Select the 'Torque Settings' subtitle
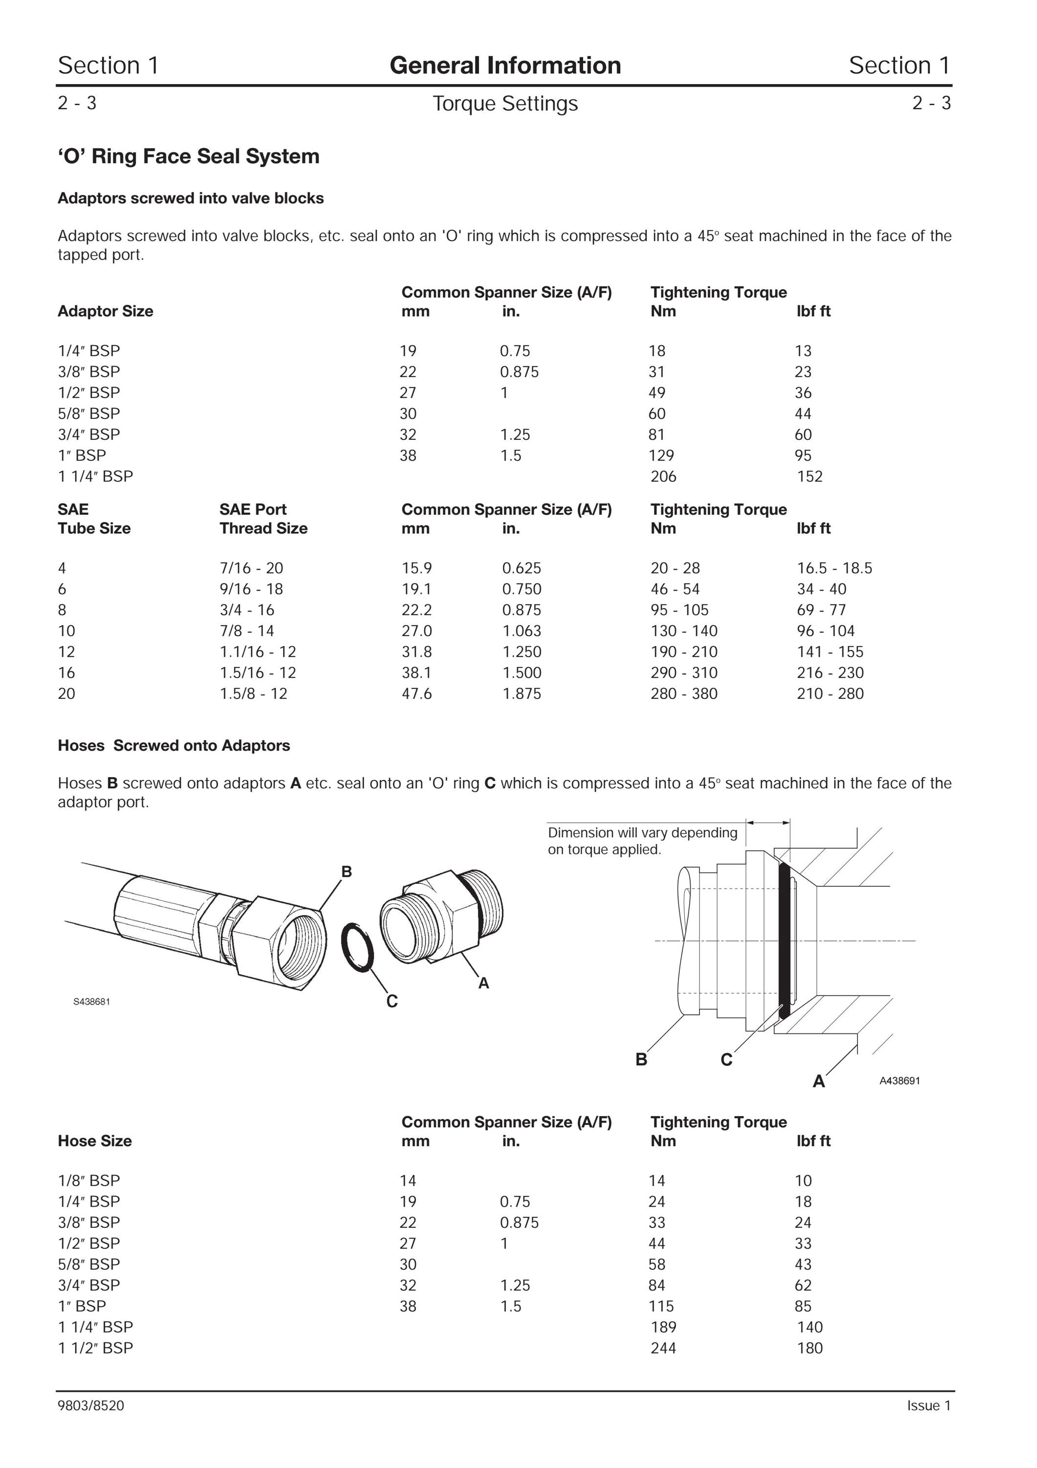point(505,104)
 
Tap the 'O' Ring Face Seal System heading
point(188,156)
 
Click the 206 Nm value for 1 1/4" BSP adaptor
point(663,476)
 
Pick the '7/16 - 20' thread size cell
point(251,568)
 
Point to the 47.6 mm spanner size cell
point(417,694)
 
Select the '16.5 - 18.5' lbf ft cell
point(834,568)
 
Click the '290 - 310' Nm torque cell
point(684,673)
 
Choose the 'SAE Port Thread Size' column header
point(263,519)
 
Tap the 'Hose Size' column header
point(94,1141)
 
